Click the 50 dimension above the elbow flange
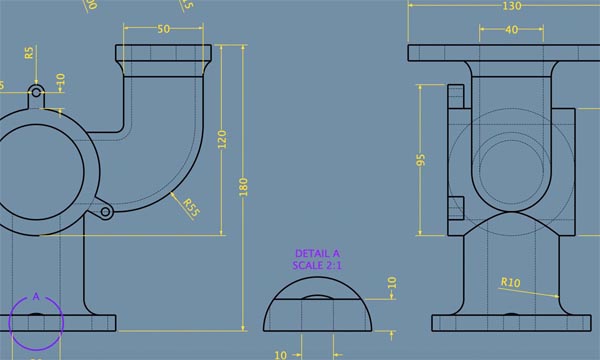163,30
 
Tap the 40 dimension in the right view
512,30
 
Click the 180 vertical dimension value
242,187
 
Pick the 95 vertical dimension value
422,159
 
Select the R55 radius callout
190,207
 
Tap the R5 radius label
30,52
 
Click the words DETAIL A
318,254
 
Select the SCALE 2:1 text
318,265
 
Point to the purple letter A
36,296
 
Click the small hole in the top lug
37,93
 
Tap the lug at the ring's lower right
105,210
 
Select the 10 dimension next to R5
60,78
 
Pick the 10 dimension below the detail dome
280,353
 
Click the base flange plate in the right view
511,323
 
